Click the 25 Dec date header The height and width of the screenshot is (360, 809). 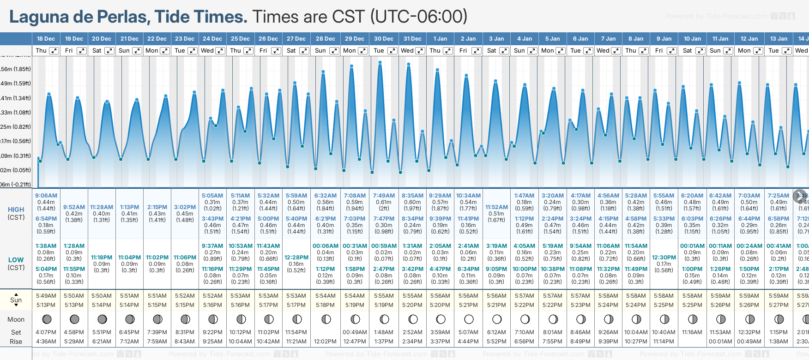click(240, 39)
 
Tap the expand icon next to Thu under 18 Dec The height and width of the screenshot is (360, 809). click(54, 51)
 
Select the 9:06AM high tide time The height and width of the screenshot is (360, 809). click(46, 196)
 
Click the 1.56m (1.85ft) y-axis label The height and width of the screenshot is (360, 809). click(16, 69)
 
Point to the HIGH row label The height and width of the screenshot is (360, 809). click(16, 210)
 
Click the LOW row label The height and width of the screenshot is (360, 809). click(16, 260)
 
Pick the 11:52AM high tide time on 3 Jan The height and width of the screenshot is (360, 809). click(496, 207)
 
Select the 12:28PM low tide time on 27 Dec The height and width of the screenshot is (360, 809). click(296, 258)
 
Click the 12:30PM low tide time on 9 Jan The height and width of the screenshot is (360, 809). click(664, 258)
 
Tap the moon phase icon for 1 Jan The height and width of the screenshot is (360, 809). click(441, 319)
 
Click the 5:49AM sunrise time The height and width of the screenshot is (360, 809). click(46, 296)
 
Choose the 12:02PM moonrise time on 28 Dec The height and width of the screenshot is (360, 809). click(325, 342)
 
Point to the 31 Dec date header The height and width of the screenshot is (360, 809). click(412, 39)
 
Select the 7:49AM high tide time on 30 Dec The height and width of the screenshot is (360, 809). click(384, 196)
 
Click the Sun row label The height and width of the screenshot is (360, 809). click(16, 300)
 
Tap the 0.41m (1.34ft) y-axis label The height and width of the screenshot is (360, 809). click(16, 98)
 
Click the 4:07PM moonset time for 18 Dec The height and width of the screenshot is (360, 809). click(46, 332)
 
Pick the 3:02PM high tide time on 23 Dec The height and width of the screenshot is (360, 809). click(185, 207)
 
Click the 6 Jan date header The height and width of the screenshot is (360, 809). click(580, 39)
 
